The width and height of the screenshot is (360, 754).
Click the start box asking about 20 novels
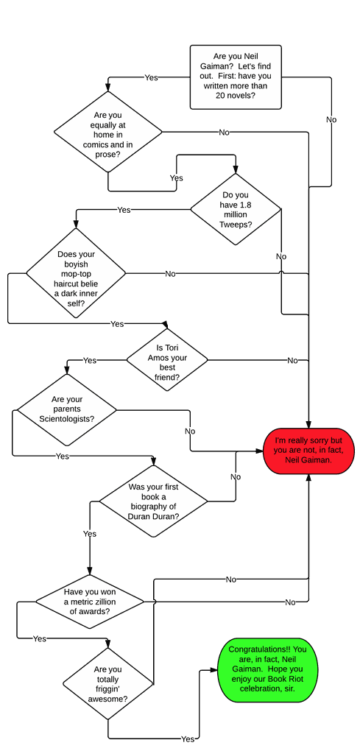(236, 77)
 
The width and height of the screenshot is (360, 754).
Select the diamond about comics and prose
(107, 132)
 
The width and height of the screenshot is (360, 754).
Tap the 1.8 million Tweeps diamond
(236, 209)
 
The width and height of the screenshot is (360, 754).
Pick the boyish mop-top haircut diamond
(76, 273)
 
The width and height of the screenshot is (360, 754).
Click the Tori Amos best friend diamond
(167, 359)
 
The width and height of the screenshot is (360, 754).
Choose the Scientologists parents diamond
(67, 410)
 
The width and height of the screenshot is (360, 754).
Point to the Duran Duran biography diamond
(153, 501)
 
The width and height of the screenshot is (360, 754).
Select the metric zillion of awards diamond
(90, 601)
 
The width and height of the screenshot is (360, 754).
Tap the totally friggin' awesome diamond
(107, 683)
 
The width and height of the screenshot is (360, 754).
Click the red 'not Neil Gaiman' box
(308, 451)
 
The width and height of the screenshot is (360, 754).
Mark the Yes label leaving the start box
(152, 77)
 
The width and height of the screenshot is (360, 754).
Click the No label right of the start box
(331, 119)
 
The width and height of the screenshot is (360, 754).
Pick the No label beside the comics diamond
(225, 133)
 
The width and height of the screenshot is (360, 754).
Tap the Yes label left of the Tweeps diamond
(124, 210)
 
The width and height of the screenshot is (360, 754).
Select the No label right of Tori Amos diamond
(292, 360)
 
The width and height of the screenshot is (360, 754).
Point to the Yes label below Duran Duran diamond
(90, 534)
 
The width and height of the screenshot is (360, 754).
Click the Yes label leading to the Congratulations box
(188, 739)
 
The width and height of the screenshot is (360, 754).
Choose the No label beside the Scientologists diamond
(190, 431)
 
